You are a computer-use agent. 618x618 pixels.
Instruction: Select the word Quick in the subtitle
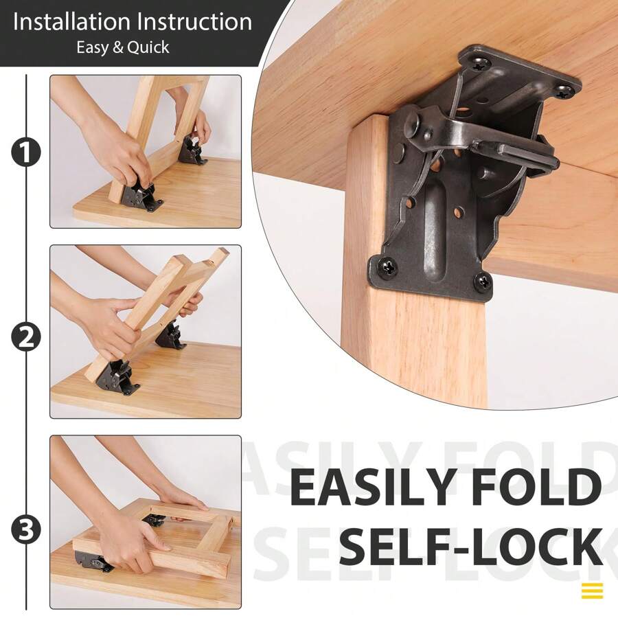[x=149, y=48]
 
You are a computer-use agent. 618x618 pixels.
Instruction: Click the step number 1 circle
[x=25, y=152]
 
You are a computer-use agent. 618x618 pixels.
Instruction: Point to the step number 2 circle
[x=25, y=336]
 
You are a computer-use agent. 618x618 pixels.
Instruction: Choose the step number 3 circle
[x=25, y=529]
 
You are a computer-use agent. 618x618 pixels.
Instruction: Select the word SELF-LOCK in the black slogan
[x=471, y=547]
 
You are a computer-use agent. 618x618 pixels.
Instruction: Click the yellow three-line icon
[x=592, y=591]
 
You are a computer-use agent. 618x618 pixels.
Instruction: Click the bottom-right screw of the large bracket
[x=483, y=281]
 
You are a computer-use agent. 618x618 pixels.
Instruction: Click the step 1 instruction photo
[x=146, y=152]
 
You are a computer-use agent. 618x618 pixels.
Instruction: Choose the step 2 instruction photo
[x=146, y=332]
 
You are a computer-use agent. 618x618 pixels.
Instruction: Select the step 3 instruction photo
[x=146, y=522]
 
